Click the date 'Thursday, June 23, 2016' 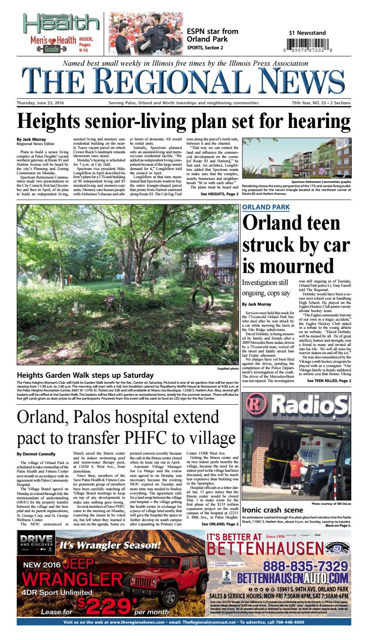click(x=41, y=103)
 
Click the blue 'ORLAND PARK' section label click(x=265, y=207)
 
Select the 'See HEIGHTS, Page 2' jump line click(x=219, y=194)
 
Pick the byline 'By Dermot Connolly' click(x=36, y=454)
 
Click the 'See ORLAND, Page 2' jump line click(x=220, y=524)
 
